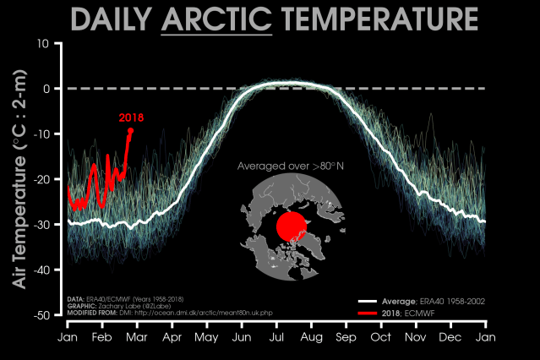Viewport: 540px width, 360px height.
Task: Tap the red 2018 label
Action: click(131, 117)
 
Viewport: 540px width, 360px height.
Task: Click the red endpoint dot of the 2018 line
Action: click(130, 130)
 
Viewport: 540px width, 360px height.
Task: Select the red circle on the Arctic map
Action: click(291, 226)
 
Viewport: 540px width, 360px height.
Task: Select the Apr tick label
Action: click(172, 336)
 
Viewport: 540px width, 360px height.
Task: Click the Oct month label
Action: click(380, 336)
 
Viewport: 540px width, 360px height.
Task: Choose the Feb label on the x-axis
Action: click(101, 336)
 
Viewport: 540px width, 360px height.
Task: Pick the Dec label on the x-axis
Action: click(450, 336)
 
